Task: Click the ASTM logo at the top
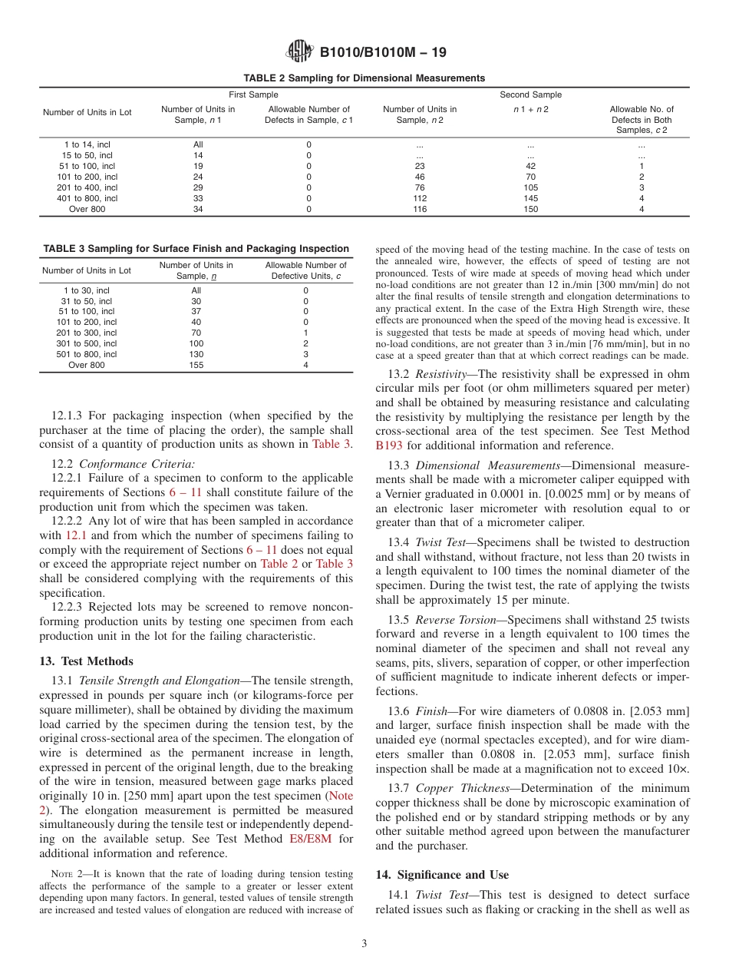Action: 299,51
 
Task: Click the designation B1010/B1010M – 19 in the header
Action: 382,52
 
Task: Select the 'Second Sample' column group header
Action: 530,94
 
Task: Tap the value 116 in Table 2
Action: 420,209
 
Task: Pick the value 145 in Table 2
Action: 530,198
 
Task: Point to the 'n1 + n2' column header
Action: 530,109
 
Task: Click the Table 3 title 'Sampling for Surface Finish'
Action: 196,249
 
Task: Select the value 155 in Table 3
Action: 196,366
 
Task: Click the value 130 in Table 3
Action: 196,355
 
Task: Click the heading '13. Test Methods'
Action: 85,661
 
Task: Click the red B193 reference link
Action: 389,445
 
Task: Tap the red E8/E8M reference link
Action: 310,839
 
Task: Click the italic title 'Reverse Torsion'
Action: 456,620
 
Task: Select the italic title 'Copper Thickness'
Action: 460,788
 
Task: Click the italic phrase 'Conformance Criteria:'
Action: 137,463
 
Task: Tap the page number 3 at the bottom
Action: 364,944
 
